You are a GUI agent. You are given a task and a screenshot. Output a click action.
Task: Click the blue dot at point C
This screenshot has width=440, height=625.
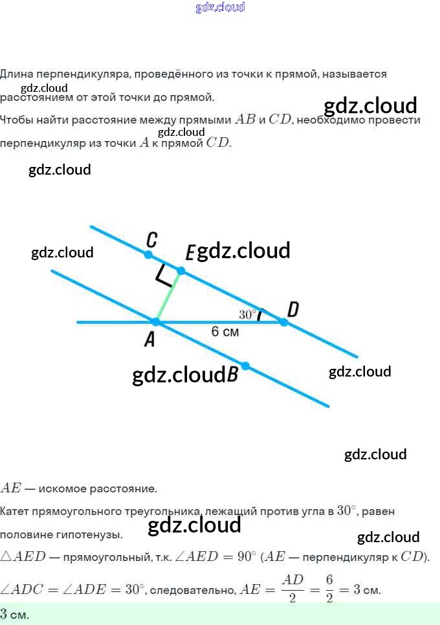click(148, 254)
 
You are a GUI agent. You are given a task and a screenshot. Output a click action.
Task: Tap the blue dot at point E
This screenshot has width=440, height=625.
click(181, 270)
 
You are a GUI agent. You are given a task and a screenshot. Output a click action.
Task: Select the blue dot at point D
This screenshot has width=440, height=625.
click(283, 322)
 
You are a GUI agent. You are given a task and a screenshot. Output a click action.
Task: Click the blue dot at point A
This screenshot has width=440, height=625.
click(156, 322)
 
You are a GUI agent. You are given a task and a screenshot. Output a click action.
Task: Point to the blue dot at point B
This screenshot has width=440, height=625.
click(245, 366)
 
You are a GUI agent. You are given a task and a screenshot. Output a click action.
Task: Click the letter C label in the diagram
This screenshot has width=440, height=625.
click(151, 240)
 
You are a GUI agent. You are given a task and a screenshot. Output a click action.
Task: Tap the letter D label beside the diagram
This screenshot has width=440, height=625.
click(293, 309)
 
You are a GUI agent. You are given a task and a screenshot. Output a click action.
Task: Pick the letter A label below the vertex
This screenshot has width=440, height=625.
click(149, 340)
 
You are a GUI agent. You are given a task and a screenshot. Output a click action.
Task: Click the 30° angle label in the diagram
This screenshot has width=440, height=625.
click(247, 314)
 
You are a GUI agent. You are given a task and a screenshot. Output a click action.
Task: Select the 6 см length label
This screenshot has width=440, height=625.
click(225, 331)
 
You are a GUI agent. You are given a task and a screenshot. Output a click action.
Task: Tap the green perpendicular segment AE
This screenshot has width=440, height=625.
click(168, 296)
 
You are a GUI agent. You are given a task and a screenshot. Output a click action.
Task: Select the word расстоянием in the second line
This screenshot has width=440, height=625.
click(36, 97)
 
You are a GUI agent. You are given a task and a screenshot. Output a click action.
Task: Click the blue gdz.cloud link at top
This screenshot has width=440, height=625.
click(220, 7)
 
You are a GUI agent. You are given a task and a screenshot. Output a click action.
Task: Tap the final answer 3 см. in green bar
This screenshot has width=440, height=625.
click(14, 614)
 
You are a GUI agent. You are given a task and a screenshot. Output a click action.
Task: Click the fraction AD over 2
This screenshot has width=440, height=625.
click(292, 588)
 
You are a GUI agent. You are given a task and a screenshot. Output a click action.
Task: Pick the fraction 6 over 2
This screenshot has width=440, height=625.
click(329, 588)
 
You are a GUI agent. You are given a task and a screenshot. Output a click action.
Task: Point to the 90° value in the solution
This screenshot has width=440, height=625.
click(247, 556)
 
